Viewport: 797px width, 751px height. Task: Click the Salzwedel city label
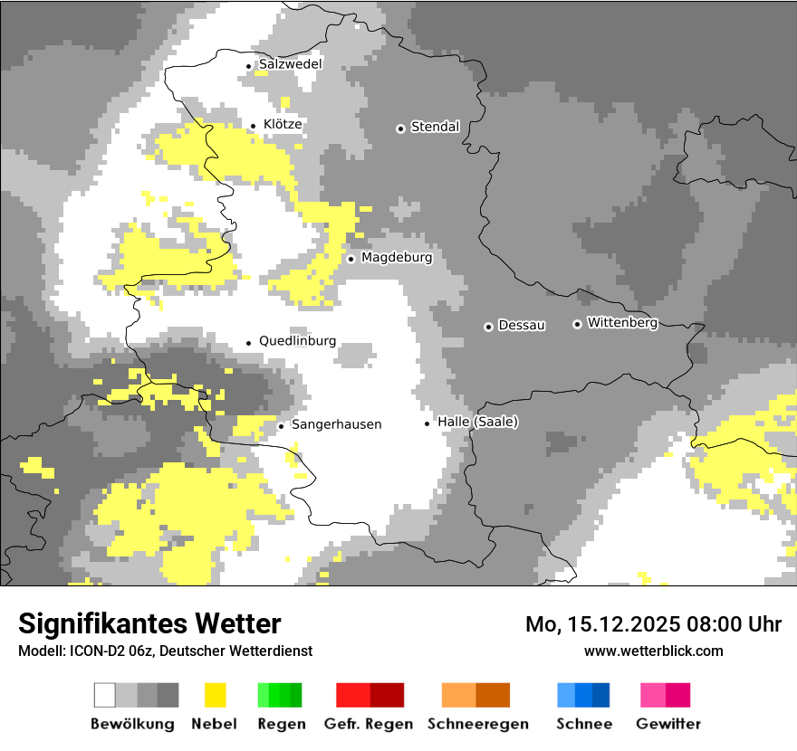pyautogui.click(x=290, y=64)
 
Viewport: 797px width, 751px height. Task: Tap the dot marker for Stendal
pyautogui.click(x=400, y=128)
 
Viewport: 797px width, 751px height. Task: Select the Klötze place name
pyautogui.click(x=283, y=124)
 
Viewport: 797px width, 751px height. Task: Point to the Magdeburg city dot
pyautogui.click(x=350, y=259)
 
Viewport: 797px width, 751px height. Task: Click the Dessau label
pyautogui.click(x=522, y=325)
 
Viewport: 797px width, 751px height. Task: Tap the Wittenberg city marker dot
pyautogui.click(x=577, y=324)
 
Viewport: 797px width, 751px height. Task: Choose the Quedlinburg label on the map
pyautogui.click(x=297, y=341)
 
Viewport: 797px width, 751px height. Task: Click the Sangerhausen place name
pyautogui.click(x=336, y=424)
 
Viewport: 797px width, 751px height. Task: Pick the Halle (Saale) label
pyautogui.click(x=477, y=422)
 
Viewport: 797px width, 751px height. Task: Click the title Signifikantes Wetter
pyautogui.click(x=149, y=623)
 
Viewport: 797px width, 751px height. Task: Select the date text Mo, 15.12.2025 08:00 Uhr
pyautogui.click(x=653, y=624)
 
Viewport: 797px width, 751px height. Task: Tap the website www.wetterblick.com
pyautogui.click(x=653, y=651)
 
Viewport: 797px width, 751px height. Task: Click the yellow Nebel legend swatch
pyautogui.click(x=215, y=695)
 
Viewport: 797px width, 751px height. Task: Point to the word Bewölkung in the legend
pyautogui.click(x=132, y=724)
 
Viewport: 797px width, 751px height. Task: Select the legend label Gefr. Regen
pyautogui.click(x=369, y=724)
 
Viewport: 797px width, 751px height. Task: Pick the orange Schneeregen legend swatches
pyautogui.click(x=475, y=695)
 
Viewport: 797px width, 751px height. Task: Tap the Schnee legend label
pyautogui.click(x=583, y=724)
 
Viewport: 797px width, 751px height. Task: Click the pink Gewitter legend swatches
pyautogui.click(x=665, y=695)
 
